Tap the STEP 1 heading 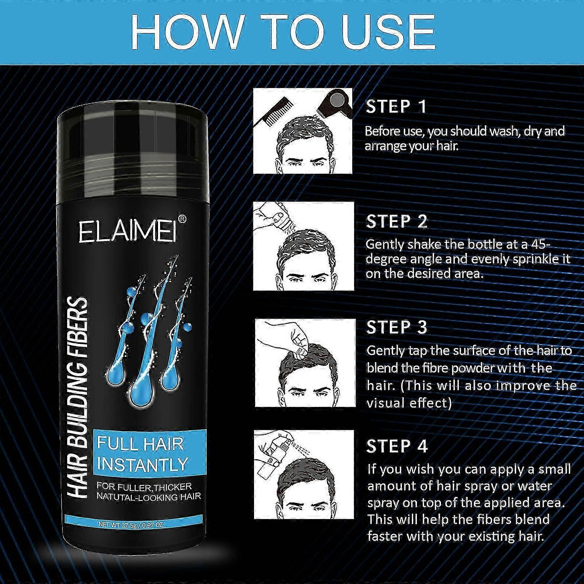click(396, 107)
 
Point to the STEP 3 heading click(397, 327)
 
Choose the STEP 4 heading click(397, 446)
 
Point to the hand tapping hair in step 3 click(288, 336)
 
